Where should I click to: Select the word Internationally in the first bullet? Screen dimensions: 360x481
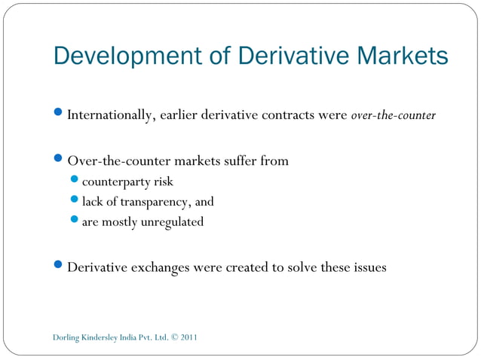[x=110, y=116]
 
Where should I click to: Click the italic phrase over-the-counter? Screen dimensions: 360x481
[x=393, y=116]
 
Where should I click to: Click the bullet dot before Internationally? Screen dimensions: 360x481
[x=60, y=115]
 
